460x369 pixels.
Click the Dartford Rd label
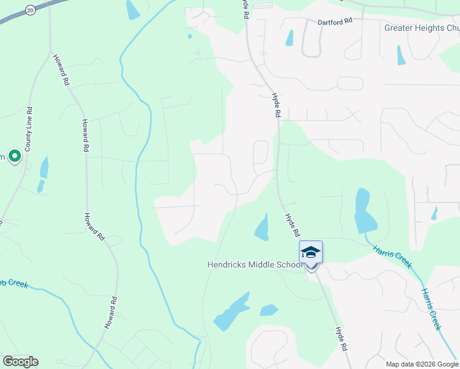tap(335, 21)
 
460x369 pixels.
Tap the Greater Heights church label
tap(422, 28)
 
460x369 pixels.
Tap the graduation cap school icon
tap(311, 253)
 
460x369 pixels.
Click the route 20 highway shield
tap(30, 10)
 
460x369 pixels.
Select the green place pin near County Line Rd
tap(14, 157)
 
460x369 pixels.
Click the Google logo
tap(20, 362)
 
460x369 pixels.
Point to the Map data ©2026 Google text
tap(422, 364)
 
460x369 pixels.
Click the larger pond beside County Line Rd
tap(44, 167)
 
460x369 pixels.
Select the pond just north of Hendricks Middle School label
tap(262, 228)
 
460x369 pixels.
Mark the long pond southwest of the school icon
tap(231, 312)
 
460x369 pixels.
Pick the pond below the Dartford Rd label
tap(289, 38)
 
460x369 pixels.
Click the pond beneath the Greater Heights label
tap(401, 55)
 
